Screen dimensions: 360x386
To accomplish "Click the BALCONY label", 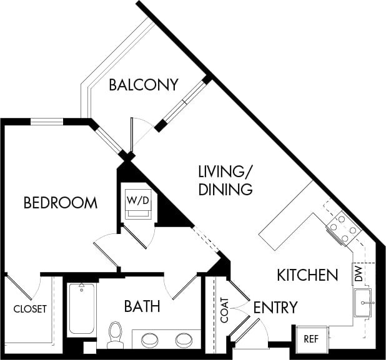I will click(x=143, y=85).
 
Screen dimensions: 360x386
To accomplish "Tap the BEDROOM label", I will click(x=60, y=203).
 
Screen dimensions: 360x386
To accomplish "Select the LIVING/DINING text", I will click(x=225, y=180).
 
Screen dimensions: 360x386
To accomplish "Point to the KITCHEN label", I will click(x=307, y=275).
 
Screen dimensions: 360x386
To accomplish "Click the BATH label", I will click(x=142, y=306).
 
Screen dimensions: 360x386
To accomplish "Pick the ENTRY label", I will click(x=275, y=307).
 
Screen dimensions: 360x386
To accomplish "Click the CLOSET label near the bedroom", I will click(x=30, y=309).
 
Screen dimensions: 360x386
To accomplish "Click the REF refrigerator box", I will click(x=310, y=339).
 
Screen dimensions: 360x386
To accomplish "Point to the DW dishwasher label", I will click(x=358, y=273).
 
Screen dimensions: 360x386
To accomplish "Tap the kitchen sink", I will click(x=363, y=303).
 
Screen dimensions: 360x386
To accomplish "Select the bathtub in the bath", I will click(x=81, y=309).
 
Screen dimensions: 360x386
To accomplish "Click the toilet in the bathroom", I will click(x=115, y=334).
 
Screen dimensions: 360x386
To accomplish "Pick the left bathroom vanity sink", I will click(x=150, y=340).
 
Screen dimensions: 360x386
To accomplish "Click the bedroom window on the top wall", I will click(x=47, y=122).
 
